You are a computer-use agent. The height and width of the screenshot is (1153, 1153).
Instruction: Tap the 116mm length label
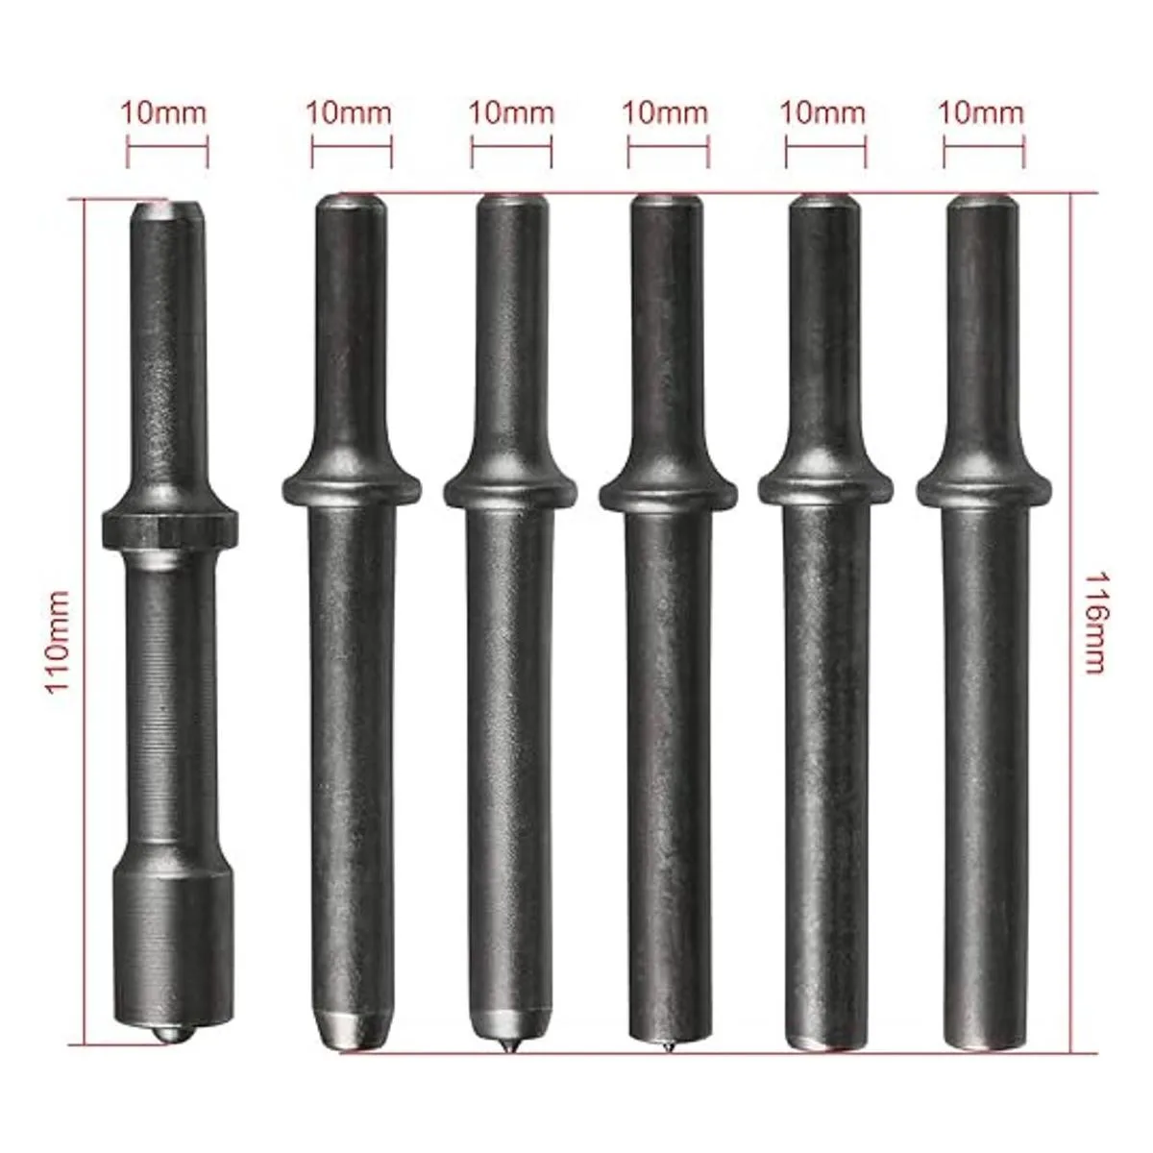pyautogui.click(x=1095, y=623)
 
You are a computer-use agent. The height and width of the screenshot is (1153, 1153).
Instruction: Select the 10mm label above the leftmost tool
pyautogui.click(x=164, y=113)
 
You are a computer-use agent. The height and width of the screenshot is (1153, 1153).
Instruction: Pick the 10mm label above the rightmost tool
pyautogui.click(x=981, y=112)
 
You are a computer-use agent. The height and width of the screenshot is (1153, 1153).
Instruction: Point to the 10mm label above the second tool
pyautogui.click(x=349, y=113)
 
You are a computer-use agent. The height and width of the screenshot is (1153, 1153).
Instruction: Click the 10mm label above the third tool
pyautogui.click(x=511, y=113)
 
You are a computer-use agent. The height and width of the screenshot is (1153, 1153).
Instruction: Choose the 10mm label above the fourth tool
pyautogui.click(x=665, y=112)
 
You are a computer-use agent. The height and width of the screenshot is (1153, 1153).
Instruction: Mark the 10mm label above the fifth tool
pyautogui.click(x=823, y=112)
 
